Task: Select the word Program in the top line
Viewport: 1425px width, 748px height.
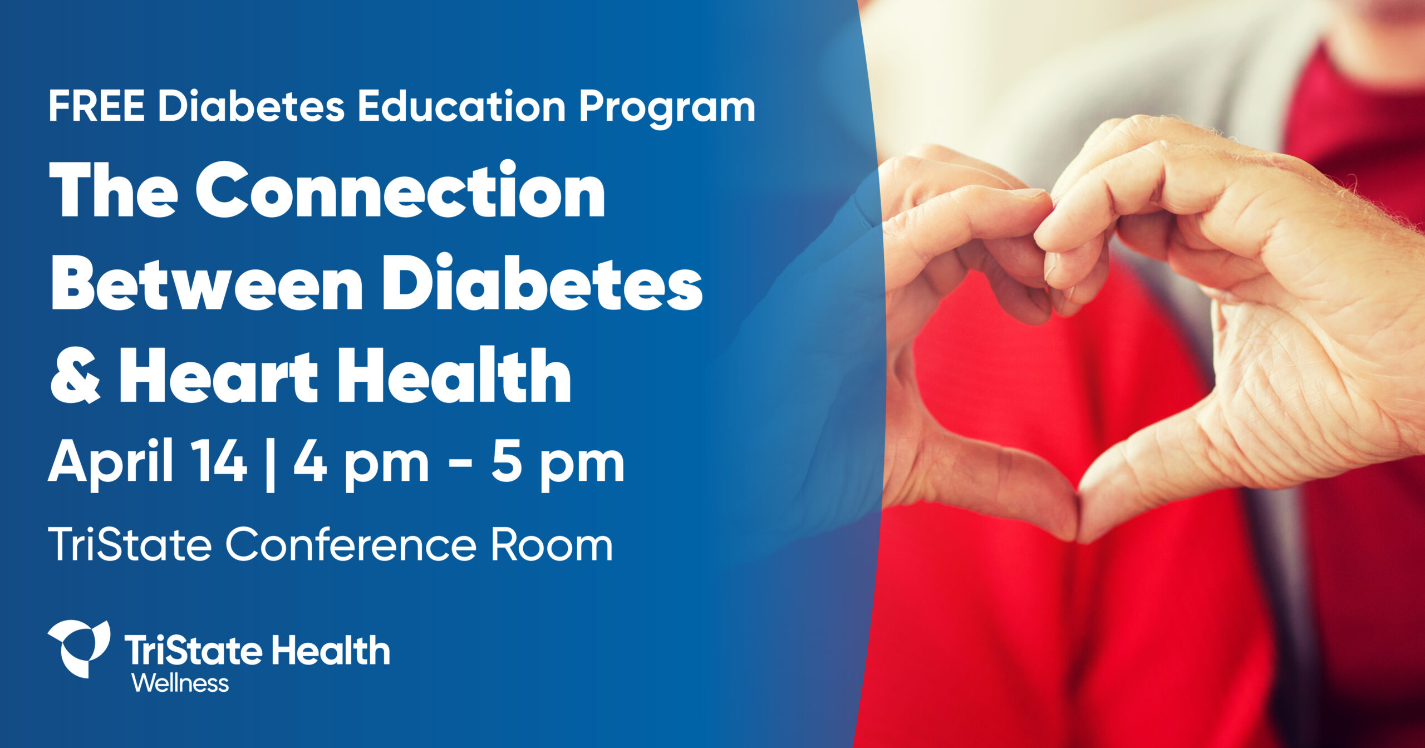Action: (667, 110)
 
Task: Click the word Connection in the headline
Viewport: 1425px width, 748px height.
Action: (400, 190)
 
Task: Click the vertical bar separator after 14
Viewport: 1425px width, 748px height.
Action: (271, 464)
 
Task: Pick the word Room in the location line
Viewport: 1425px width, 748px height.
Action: (552, 545)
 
